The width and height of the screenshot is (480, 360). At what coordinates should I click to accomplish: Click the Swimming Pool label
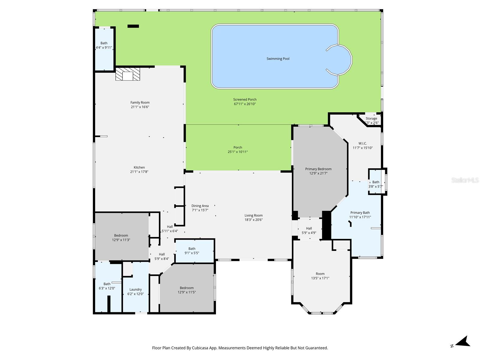(x=278, y=59)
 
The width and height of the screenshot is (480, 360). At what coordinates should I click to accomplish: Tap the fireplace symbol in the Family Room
(x=128, y=74)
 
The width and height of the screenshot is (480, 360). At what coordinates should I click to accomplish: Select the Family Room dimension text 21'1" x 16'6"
(x=140, y=107)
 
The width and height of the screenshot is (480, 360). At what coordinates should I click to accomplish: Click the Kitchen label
(x=139, y=167)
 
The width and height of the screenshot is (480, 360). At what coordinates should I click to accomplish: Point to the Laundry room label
(x=136, y=289)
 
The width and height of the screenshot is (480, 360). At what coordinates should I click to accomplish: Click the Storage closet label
(x=371, y=118)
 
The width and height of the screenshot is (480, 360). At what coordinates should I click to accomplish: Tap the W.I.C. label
(x=362, y=143)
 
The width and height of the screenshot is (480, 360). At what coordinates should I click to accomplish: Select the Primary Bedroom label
(x=318, y=169)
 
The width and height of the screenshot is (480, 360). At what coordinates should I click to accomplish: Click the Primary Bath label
(x=360, y=213)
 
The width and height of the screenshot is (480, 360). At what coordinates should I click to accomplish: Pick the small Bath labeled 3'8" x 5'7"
(x=376, y=184)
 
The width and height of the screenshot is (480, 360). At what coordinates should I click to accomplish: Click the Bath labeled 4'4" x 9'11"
(x=104, y=45)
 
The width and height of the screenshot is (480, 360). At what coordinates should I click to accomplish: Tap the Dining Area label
(x=200, y=206)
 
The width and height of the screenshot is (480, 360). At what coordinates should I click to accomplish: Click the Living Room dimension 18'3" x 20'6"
(x=253, y=220)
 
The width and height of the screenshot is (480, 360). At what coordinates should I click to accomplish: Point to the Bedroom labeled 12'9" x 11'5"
(x=187, y=290)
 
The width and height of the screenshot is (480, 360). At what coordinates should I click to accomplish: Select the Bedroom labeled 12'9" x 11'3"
(x=121, y=238)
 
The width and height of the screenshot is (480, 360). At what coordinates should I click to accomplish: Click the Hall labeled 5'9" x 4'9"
(x=309, y=230)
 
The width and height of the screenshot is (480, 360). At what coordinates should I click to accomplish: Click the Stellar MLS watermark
(x=465, y=180)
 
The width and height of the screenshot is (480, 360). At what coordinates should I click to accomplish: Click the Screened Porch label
(x=245, y=100)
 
